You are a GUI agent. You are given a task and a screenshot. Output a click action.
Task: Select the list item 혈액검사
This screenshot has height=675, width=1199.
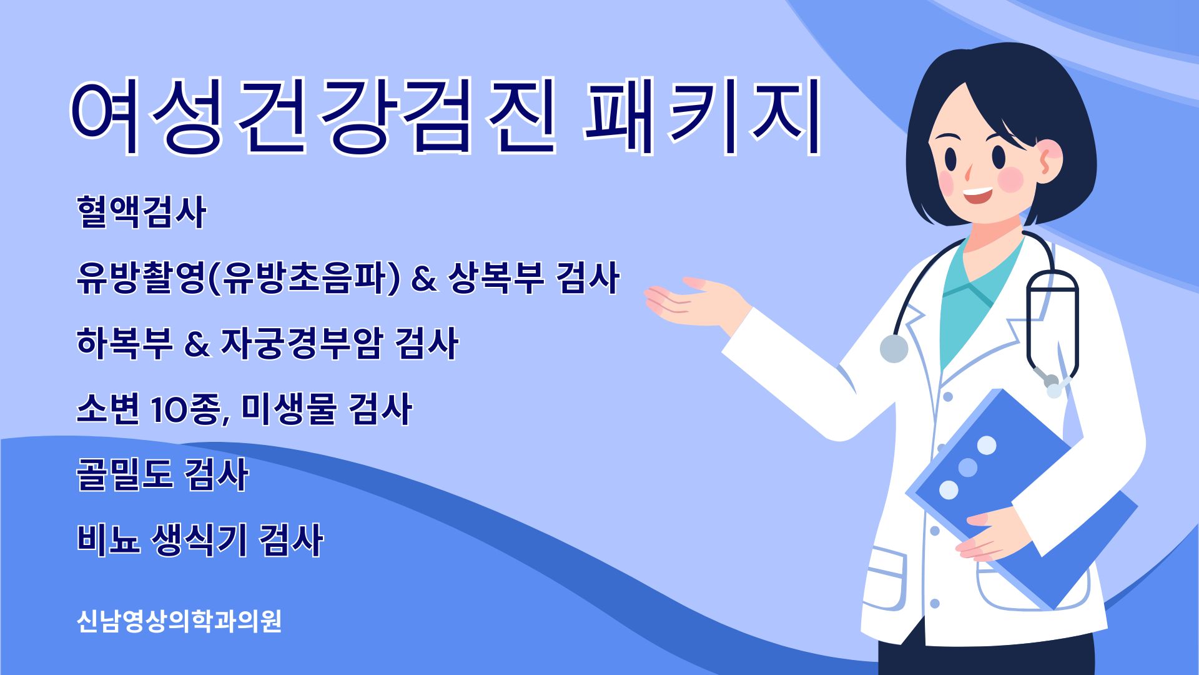click(x=141, y=212)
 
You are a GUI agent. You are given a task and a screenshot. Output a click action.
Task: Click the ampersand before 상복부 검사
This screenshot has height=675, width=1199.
click(x=424, y=279)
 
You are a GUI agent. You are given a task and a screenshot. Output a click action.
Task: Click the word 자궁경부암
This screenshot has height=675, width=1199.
click(x=300, y=344)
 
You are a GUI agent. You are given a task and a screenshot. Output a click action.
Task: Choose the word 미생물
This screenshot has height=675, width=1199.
click(x=289, y=409)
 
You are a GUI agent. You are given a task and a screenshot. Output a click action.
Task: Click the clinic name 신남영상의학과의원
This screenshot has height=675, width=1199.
click(x=179, y=621)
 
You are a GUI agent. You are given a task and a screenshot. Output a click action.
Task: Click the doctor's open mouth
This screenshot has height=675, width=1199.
click(x=977, y=196)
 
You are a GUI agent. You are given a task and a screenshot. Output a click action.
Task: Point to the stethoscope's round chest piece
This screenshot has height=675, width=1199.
click(x=894, y=349)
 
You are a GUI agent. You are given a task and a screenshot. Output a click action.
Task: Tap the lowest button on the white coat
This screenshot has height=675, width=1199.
click(x=935, y=604)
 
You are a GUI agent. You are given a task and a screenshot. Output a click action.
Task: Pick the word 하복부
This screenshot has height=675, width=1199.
click(x=124, y=344)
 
